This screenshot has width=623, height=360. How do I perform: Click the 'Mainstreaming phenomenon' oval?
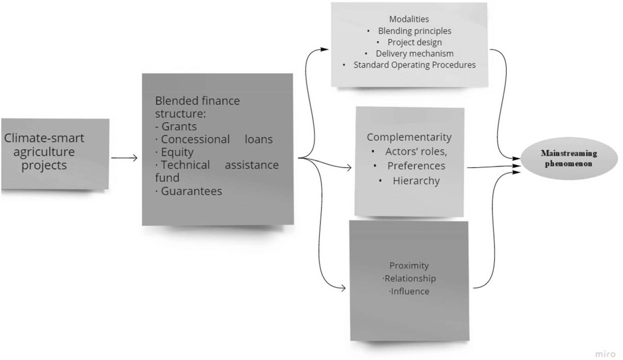coord(569,159)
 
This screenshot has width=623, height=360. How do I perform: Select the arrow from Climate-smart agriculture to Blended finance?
coord(124,158)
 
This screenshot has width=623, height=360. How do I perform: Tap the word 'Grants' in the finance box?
coord(179,126)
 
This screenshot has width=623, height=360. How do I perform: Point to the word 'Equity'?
coord(177,152)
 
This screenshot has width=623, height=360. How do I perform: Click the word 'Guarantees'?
coord(191,191)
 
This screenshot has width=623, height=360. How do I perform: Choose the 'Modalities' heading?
coord(409,19)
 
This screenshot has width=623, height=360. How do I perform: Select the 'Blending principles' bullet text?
coord(414,31)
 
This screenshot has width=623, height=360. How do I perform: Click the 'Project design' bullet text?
coord(414,42)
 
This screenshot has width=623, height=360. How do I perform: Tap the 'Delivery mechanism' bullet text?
coord(414,53)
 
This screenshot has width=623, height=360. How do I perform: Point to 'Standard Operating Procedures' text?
coord(414,65)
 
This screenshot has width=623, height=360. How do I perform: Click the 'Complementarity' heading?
coord(409,137)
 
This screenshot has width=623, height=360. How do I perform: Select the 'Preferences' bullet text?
coord(416,166)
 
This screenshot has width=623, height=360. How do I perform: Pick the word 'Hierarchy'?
coord(416,181)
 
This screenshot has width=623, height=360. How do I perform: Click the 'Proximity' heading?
coord(409,266)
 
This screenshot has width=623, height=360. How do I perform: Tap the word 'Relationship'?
coord(410,279)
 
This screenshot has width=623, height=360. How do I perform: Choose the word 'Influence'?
coord(410,291)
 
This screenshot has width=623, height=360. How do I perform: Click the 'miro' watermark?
coord(605,354)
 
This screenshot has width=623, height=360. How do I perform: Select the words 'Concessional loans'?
coord(216,139)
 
